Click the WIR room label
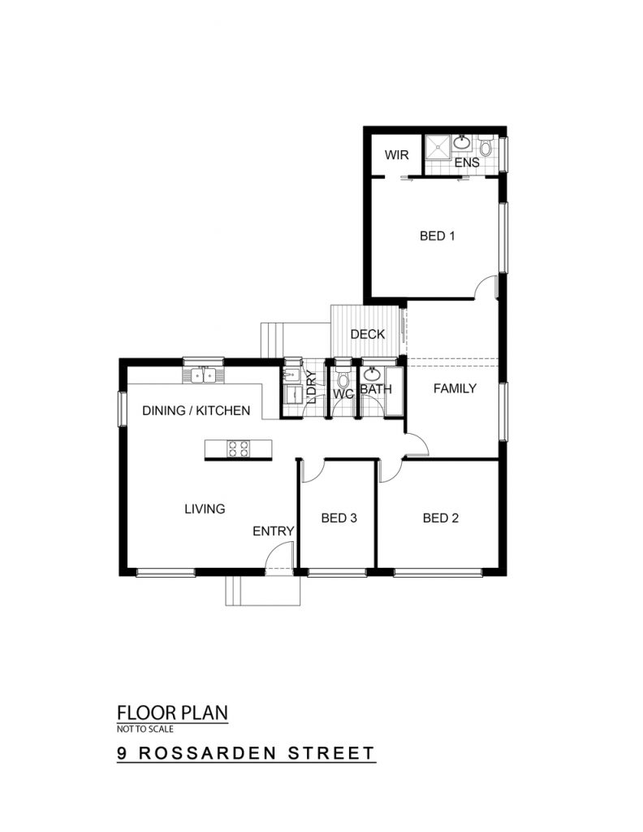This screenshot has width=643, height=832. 396,155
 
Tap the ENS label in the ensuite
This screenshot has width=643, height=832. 467,162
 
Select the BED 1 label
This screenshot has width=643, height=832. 437,236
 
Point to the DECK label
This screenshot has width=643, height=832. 367,334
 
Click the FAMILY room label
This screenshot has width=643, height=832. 455,388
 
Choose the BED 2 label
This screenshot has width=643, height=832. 441,518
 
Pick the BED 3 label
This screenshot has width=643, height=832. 339,518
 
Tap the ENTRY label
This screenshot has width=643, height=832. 273,531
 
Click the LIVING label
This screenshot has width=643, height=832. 205,509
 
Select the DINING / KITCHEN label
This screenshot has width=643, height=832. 196,410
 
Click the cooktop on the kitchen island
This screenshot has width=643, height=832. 238,448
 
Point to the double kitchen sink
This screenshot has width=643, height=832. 204,375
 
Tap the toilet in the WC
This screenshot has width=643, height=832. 343,377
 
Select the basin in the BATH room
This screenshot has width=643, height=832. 372,375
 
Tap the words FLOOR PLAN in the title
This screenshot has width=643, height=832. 172,712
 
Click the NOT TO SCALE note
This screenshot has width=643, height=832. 145,729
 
